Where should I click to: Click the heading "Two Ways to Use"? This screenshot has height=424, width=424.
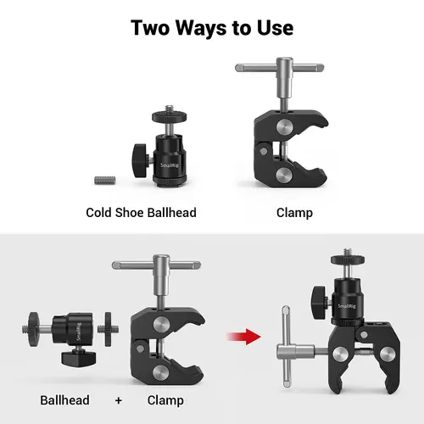(x=212, y=26)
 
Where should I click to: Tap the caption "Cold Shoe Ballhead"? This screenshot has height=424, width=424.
(x=141, y=212)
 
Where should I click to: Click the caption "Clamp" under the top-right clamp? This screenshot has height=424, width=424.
(x=294, y=212)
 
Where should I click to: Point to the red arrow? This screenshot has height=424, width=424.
(x=245, y=338)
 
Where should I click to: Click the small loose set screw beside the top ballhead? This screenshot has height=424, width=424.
(x=103, y=179)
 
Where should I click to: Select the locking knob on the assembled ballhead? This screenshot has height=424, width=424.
(x=319, y=297)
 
